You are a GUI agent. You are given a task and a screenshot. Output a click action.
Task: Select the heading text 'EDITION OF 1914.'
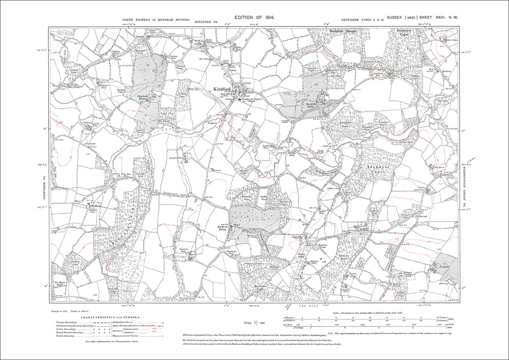[255, 17]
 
